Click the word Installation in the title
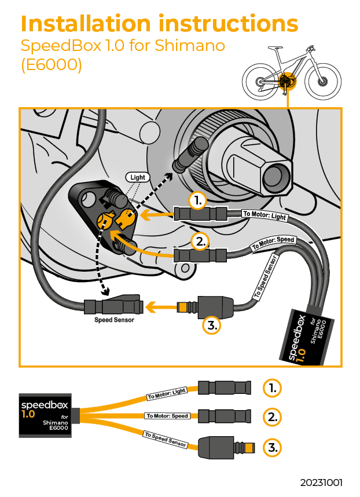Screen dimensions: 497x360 tap(85, 24)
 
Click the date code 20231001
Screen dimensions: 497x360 tap(321, 482)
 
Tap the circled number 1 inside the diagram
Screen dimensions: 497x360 tap(198, 200)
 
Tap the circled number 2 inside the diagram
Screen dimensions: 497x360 tap(199, 241)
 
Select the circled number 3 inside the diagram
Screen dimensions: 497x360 tap(212, 326)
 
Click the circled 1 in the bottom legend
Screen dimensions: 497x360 tap(272, 388)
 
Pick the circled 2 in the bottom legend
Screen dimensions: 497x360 tap(272, 416)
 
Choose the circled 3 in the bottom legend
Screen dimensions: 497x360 tap(272, 447)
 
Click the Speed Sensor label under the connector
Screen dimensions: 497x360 tap(114, 319)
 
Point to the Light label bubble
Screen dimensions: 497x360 tap(138, 177)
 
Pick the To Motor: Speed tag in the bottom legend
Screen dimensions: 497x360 tap(167, 416)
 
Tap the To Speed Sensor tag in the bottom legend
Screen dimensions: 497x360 tap(165, 440)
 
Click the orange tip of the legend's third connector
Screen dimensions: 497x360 tap(249, 447)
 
